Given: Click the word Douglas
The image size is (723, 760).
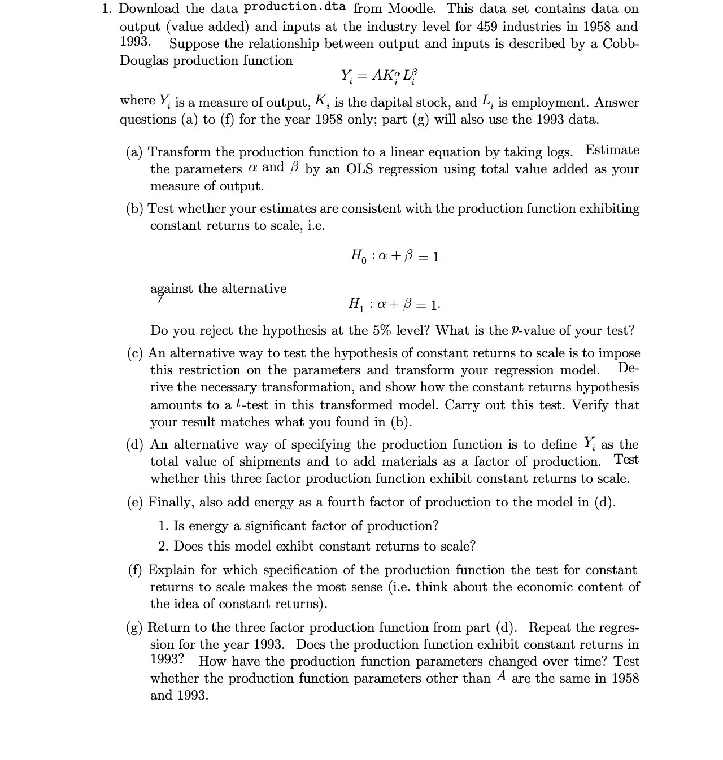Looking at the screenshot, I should pos(144,61).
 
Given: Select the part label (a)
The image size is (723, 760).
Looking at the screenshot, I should pos(134,152).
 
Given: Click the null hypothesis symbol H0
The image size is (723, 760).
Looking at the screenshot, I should pos(358,257).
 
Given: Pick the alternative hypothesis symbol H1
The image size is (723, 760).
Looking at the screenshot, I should pos(357,305).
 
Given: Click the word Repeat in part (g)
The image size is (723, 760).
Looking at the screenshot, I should pos(551,628).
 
